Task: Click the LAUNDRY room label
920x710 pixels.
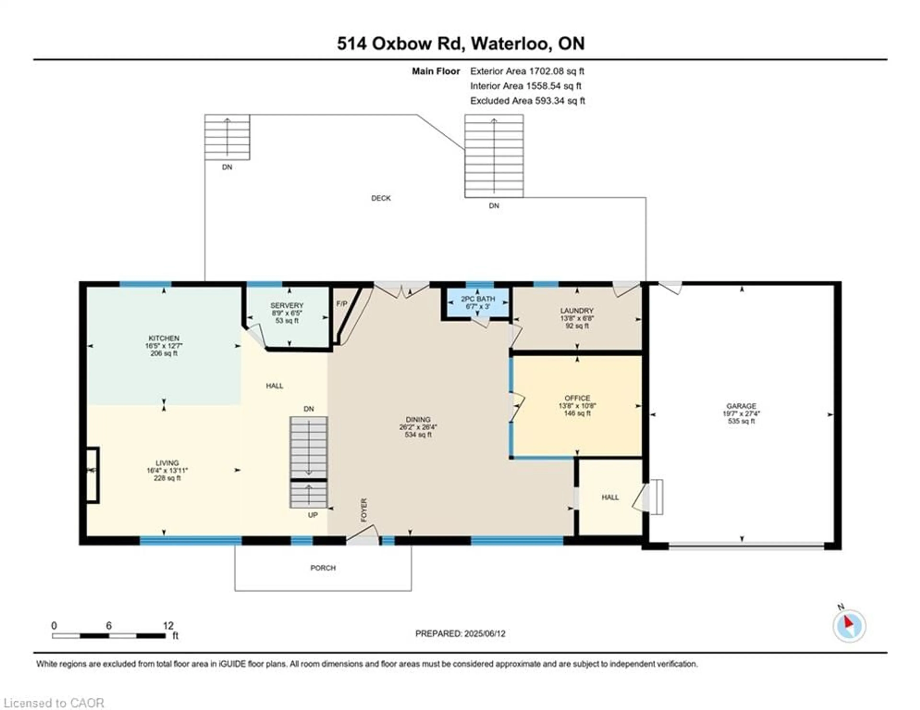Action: [x=577, y=311]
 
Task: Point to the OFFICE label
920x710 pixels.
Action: [x=577, y=398]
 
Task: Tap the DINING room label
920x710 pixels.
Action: [x=418, y=419]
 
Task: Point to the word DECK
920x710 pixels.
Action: [x=381, y=198]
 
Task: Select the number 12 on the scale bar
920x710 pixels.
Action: [x=168, y=626]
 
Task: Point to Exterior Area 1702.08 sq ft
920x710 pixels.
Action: [x=527, y=71]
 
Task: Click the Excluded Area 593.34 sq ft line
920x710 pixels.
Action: [x=527, y=101]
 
